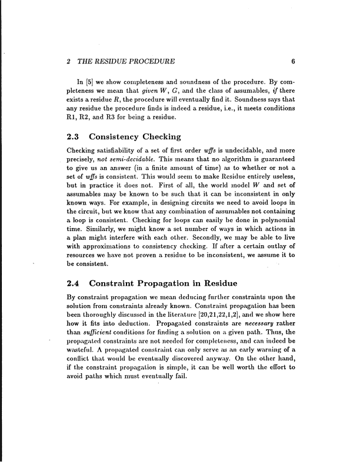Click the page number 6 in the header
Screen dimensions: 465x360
coord(292,61)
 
